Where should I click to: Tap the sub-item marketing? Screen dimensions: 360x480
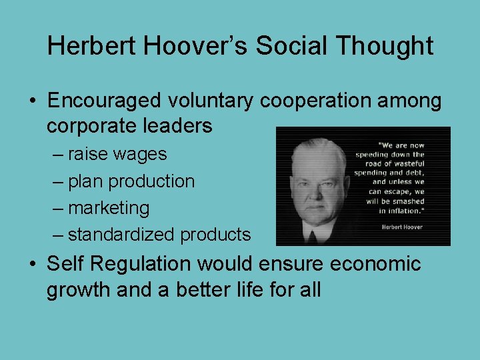pos(109,208)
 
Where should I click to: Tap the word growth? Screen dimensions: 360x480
pos(73,290)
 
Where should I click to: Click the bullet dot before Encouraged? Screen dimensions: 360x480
pos(32,101)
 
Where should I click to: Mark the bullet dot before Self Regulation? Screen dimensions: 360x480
pos(32,265)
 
